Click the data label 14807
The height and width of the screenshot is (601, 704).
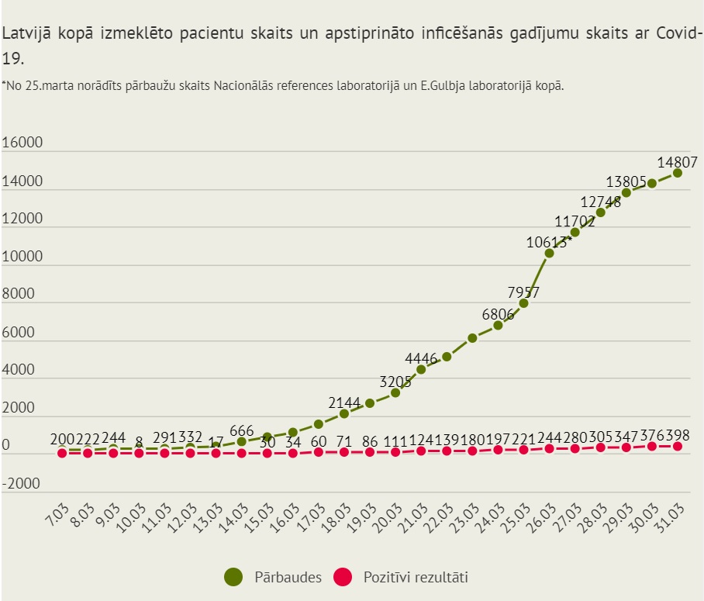coord(678,162)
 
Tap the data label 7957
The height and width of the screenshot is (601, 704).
coord(523,292)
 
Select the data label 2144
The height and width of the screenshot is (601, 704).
coord(344,402)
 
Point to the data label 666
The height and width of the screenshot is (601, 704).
coord(242,430)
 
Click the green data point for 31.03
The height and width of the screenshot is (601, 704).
coord(678,172)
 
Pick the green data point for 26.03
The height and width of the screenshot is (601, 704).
coord(550,253)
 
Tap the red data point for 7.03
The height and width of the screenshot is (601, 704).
coord(62,452)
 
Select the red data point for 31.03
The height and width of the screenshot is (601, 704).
coord(678,447)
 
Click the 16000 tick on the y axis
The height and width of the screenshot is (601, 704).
coord(22,143)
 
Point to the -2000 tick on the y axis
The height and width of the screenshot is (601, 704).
coord(22,484)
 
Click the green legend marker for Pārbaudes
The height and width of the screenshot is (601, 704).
coord(233,577)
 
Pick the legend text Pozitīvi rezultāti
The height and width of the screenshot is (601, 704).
coord(416,577)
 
